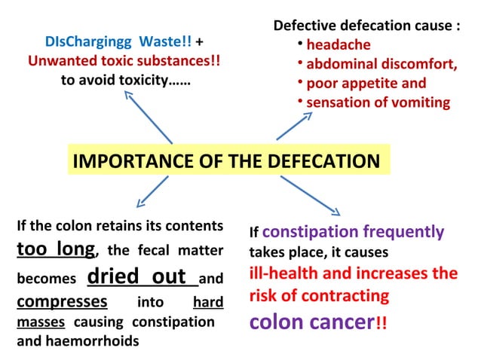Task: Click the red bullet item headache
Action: (339, 44)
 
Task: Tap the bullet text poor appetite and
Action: (366, 84)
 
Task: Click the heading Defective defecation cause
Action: (366, 25)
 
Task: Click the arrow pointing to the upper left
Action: (148, 116)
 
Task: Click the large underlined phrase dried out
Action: (136, 276)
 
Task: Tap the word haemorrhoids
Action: (102, 341)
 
